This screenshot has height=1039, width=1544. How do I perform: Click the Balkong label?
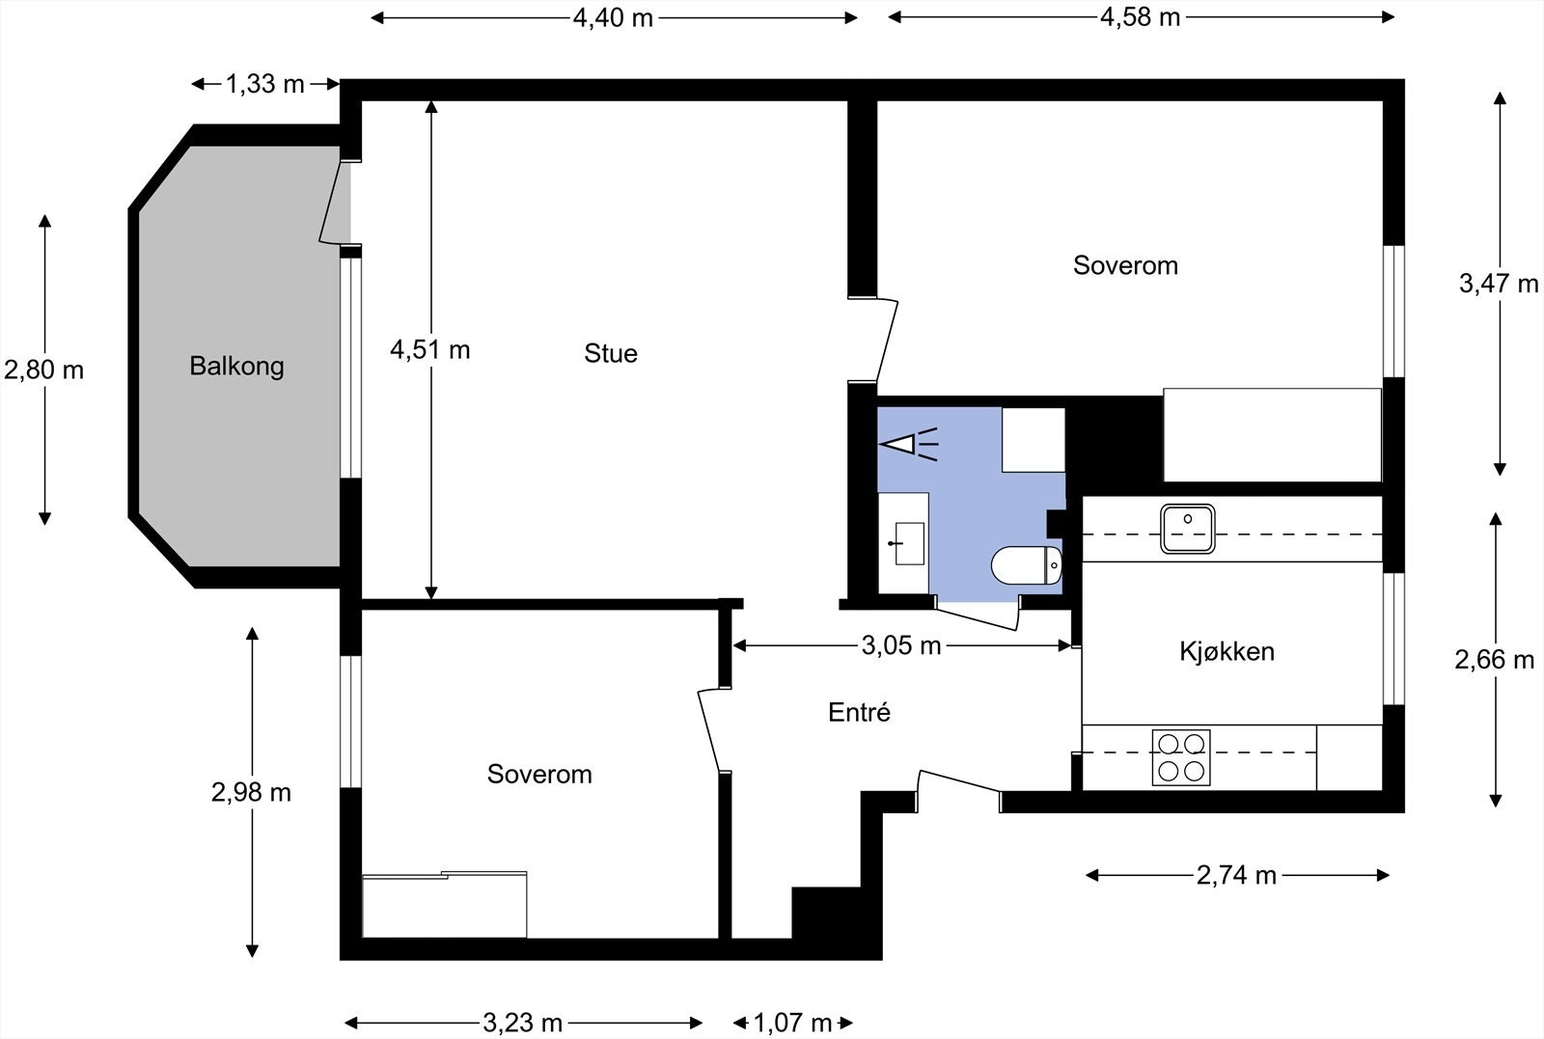pos(236,366)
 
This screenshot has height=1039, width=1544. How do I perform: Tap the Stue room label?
pos(611,353)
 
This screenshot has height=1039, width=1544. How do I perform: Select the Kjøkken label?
pos(1227,651)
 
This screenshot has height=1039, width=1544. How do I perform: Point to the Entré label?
pos(859,712)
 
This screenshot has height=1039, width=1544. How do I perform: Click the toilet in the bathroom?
pos(1027,565)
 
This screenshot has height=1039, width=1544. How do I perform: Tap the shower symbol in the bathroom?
pos(909,445)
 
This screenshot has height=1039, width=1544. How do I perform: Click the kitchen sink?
pos(1187,529)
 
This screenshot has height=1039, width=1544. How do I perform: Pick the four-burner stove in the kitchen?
pos(1181,757)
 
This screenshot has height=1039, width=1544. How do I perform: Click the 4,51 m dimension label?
pos(430,350)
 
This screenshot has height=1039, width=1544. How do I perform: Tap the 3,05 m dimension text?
pos(901,645)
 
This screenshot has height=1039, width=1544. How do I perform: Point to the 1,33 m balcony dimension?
pos(265,84)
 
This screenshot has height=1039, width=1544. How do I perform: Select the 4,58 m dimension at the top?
pos(1140,17)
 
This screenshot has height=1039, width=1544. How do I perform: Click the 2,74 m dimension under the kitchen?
pos(1236,876)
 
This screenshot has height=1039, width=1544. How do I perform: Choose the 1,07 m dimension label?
pos(792,1023)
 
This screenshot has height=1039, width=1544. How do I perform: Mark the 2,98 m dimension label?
pos(252,792)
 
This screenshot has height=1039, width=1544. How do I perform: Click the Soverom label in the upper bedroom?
pos(1125,265)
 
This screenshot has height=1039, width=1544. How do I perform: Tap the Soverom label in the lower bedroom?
pos(539,774)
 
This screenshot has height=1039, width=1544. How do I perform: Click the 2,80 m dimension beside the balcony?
pos(44,370)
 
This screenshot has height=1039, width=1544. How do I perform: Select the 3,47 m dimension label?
pos(1499,284)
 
